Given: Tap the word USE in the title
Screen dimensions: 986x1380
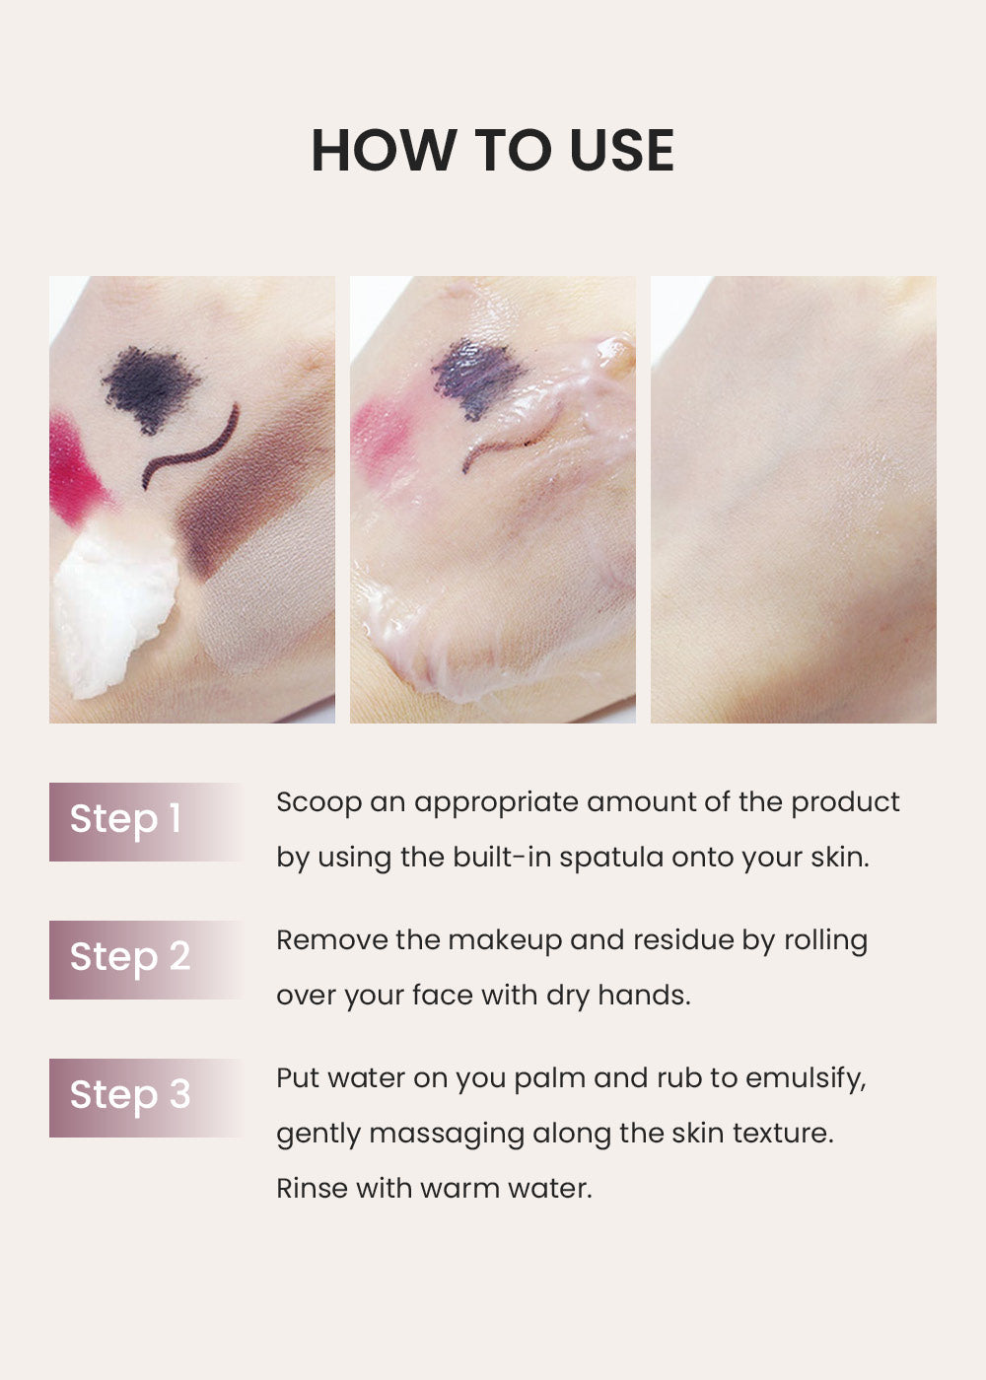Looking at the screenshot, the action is pos(622,150).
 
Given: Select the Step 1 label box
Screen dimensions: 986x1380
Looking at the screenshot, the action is pos(146,822).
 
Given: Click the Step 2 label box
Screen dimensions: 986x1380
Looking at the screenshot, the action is pos(146,960).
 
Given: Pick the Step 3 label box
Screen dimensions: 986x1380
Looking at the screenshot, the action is pos(146,1098).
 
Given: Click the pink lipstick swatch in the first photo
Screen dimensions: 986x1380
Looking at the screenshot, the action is pos(74,469).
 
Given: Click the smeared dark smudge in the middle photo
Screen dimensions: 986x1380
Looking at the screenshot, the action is pos(476,378).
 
